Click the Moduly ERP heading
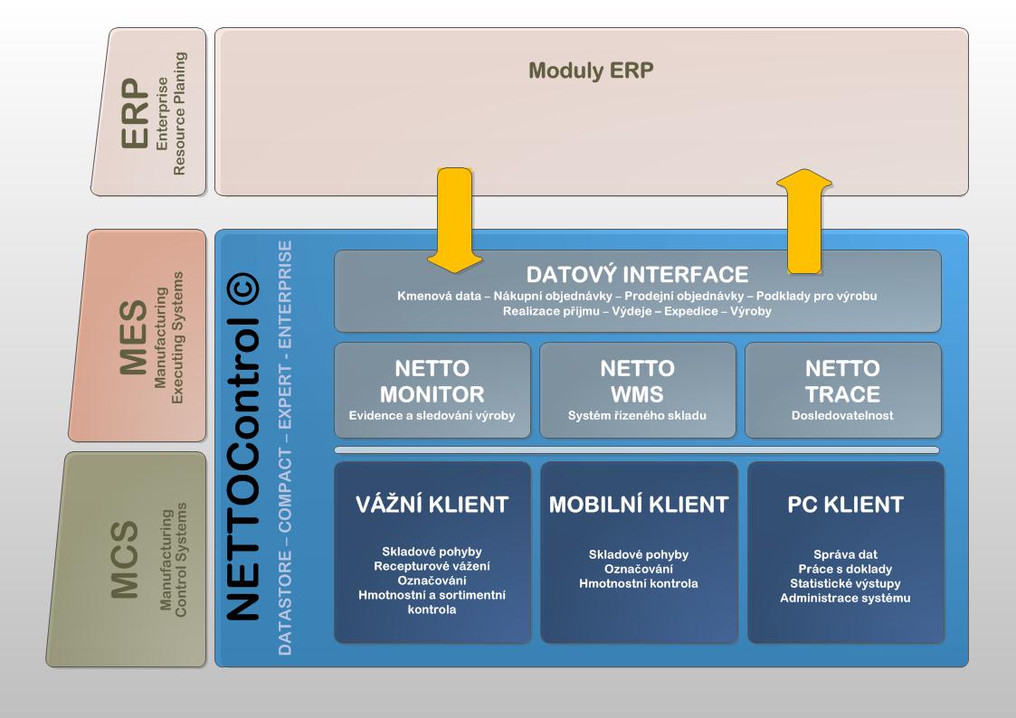coord(591,71)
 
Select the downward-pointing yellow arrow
coord(454,220)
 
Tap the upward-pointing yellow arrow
coord(804,222)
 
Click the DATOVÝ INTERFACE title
coord(637,275)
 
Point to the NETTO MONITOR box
coord(432,391)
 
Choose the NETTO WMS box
coord(638,391)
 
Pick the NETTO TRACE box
coord(843,391)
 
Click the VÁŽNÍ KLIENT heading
coord(432,505)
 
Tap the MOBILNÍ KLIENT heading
coord(639,505)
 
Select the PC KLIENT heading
coord(846,505)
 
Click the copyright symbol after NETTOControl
coord(243,288)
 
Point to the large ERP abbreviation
coord(135,113)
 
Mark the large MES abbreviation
coord(133,337)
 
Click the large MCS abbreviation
coord(125,560)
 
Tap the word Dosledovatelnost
coord(842,416)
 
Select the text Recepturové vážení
coord(432,566)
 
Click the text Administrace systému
coord(846,599)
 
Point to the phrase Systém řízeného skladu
coord(637,416)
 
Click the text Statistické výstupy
coord(846,584)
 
